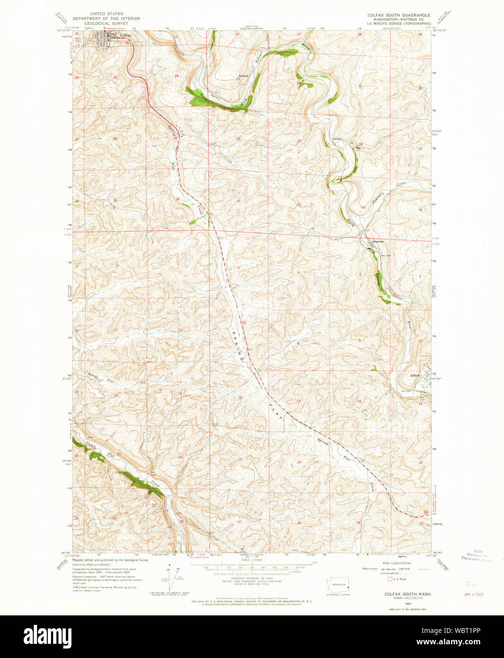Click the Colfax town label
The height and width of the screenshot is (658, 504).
(125, 36)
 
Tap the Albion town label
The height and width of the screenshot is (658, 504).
(415, 375)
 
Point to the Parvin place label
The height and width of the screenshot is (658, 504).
(336, 139)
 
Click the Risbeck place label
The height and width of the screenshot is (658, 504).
(243, 76)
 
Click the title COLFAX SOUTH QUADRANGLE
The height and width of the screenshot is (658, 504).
(398, 15)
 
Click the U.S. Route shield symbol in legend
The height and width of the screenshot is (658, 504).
(390, 579)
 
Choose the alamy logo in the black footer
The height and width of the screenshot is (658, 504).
(47, 635)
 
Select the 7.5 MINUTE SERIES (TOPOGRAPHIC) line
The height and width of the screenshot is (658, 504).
(399, 23)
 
